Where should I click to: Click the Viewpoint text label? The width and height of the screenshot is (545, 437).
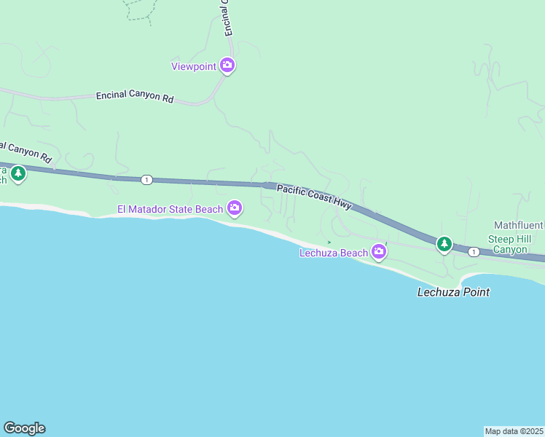tap(194, 66)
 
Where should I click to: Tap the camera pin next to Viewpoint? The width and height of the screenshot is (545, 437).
tap(227, 66)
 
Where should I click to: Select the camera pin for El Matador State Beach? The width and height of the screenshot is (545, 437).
tap(235, 209)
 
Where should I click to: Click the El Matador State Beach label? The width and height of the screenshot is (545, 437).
tap(170, 210)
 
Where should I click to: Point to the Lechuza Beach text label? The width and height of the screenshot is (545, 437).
tap(334, 253)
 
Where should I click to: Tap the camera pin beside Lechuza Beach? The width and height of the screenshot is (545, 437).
tap(378, 252)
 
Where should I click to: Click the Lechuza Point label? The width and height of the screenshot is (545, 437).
tap(452, 292)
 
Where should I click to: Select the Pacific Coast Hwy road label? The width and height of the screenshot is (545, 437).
tap(314, 197)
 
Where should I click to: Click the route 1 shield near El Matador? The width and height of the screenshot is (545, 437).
tap(147, 179)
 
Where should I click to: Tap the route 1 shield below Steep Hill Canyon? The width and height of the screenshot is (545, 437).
tap(474, 252)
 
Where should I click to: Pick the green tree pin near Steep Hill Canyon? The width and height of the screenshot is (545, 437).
tap(444, 243)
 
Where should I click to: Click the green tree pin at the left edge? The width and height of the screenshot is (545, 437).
tap(18, 174)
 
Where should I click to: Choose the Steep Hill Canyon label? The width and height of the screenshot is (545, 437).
tap(510, 244)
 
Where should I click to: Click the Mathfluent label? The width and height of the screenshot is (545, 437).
tap(519, 225)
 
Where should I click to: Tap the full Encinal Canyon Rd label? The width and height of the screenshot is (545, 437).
tap(135, 96)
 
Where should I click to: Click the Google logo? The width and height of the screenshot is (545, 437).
tap(24, 428)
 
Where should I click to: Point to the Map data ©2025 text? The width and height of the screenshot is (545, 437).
tap(514, 430)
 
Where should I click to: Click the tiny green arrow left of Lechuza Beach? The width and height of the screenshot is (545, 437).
tap(329, 242)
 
